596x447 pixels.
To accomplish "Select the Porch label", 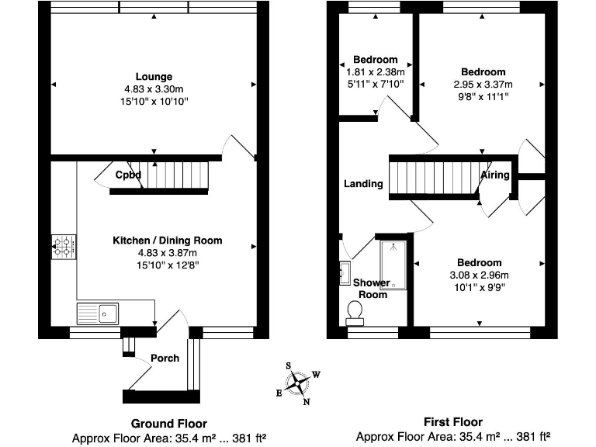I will click(165, 358).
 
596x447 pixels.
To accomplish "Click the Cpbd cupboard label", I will click(129, 175).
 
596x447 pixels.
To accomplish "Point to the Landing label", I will click(364, 184).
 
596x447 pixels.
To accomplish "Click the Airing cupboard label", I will click(495, 175).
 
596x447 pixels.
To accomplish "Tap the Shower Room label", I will click(371, 288).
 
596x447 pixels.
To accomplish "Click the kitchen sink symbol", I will click(98, 314).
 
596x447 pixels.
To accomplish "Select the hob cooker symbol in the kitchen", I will click(64, 248).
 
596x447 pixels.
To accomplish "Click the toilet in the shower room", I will click(356, 313).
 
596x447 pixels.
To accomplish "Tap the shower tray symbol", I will click(395, 265).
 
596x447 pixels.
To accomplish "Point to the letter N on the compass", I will click(307, 401).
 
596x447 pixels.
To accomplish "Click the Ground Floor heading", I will click(168, 424).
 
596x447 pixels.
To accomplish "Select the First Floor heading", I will click(453, 423).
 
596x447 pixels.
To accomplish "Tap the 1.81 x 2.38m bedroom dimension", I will click(375, 72).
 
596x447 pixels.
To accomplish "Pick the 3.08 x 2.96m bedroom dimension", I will click(479, 275).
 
